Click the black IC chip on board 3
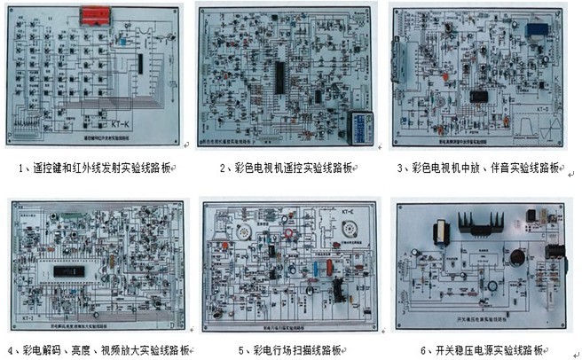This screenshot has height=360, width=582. point(480,95)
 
